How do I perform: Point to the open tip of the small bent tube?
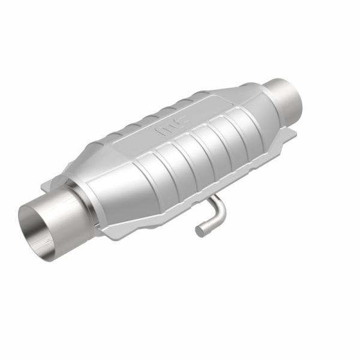(x=199, y=230)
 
